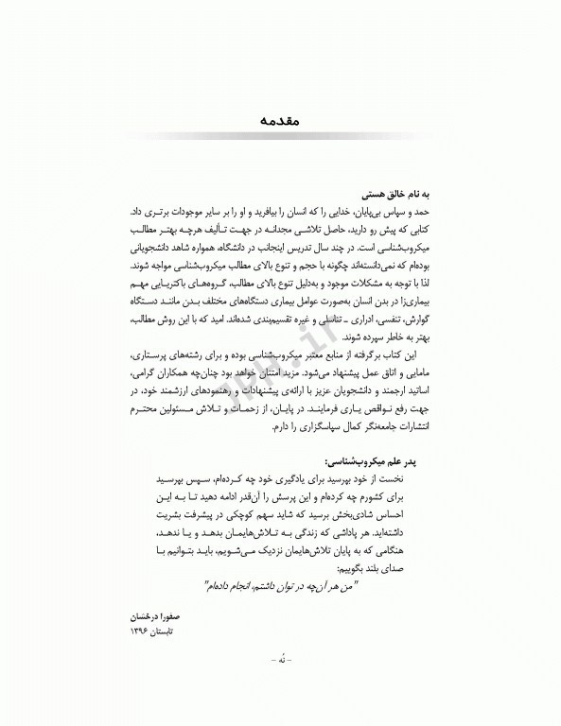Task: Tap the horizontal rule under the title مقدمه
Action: click(280, 134)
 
